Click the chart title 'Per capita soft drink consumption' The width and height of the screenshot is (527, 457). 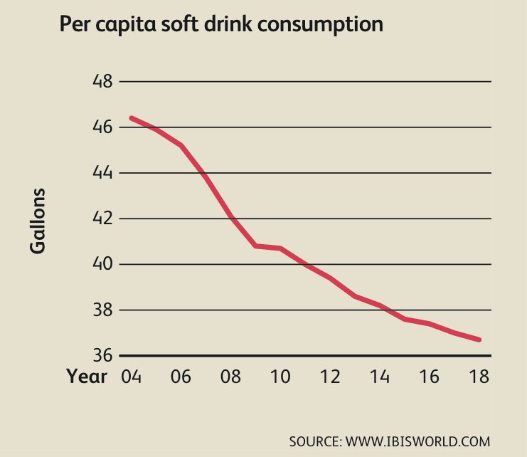tap(222, 25)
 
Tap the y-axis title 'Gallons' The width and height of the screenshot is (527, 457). tap(38, 221)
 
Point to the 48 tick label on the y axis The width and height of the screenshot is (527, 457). tap(102, 81)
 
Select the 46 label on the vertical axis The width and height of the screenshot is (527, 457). tap(102, 127)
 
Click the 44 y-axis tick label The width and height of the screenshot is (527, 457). tap(102, 173)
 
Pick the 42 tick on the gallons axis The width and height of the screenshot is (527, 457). tap(102, 219)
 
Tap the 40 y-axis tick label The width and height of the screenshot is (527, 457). tap(102, 264)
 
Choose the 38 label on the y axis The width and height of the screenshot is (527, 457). tap(102, 310)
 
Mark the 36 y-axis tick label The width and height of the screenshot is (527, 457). tap(102, 355)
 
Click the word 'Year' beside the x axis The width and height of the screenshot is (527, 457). tap(87, 376)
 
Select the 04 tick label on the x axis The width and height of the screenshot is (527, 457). tap(132, 376)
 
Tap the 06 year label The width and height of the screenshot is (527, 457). tap(181, 376)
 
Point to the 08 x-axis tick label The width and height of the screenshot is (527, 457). tap(231, 376)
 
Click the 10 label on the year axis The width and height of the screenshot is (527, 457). tap(281, 376)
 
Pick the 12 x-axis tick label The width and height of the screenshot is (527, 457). tap(331, 376)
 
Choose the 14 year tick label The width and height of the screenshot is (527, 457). tap(380, 376)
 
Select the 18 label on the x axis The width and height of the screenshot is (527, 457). tap(480, 376)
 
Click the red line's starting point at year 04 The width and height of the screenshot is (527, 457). tap(132, 117)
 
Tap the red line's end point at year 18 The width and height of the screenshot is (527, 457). tap(480, 340)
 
